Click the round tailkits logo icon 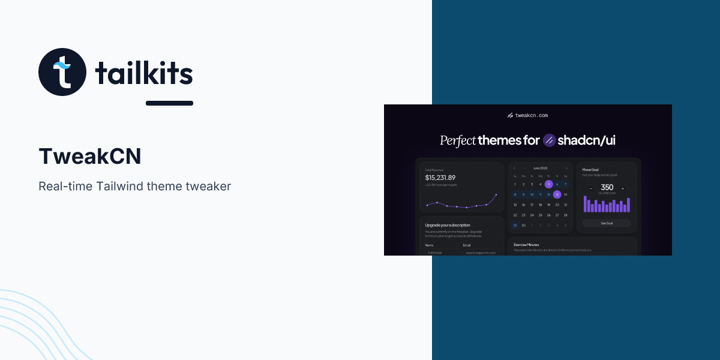point(62,72)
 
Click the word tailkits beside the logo point(144,74)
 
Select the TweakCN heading point(90,156)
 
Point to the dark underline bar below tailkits point(169,103)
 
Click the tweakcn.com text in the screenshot point(532,115)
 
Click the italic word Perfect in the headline point(458,140)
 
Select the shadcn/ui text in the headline point(586,140)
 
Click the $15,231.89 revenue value point(440,178)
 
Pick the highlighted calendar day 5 point(548,184)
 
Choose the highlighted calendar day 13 point(557,194)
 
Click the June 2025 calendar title point(540,168)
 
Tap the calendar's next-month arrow point(566,168)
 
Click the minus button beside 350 point(591,188)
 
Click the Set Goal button point(607,223)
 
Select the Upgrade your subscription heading point(448,225)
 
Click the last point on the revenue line point(496,194)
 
